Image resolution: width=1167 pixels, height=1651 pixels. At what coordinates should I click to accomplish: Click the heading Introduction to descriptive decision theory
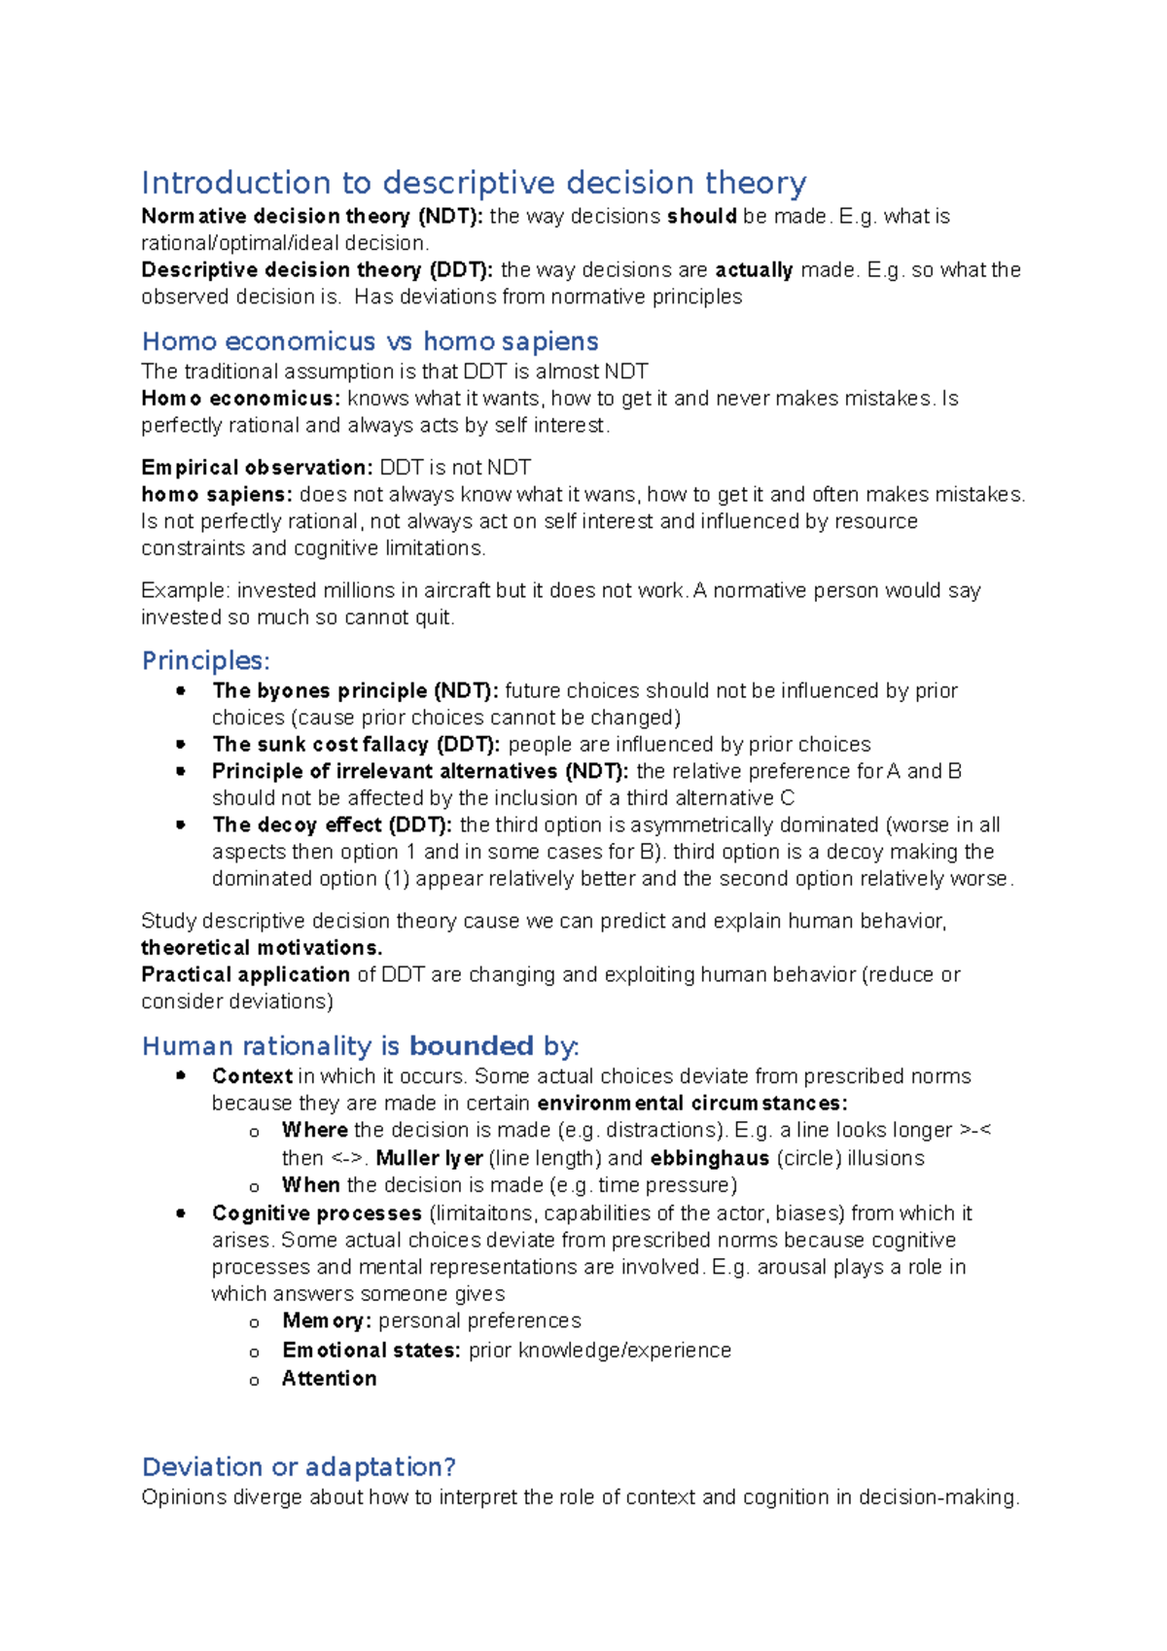[474, 183]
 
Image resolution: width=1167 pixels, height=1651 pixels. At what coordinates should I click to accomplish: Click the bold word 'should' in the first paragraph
[701, 216]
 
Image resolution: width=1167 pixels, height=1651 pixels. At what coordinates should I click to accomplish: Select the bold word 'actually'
[754, 269]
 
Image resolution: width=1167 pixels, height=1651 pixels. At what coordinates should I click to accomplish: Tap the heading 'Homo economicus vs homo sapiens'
[370, 341]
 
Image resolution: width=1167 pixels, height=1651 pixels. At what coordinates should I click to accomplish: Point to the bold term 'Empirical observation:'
[257, 468]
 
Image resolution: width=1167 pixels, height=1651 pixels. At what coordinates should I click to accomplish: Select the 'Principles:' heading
[205, 661]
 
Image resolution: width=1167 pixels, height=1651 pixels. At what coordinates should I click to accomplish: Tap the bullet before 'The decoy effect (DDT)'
[181, 825]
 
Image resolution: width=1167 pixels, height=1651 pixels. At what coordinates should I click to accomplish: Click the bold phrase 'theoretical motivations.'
[262, 948]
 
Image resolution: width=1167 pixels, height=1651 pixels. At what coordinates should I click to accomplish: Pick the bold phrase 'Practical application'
[245, 974]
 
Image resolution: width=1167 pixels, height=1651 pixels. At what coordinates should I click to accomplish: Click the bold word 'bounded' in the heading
[471, 1046]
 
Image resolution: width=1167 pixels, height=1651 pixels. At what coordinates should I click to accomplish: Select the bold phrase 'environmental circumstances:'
[691, 1104]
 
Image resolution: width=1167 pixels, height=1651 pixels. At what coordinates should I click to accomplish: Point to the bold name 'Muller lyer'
[429, 1158]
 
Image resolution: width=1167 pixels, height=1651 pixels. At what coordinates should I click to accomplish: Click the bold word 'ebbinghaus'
[709, 1158]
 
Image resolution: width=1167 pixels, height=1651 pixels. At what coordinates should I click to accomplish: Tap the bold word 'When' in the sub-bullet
[310, 1185]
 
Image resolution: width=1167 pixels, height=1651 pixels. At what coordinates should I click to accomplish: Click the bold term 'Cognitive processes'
[316, 1213]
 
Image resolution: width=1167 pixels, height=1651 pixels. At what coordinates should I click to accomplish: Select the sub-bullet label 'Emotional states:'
[371, 1351]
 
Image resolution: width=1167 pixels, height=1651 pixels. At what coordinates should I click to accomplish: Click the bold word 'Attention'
[329, 1379]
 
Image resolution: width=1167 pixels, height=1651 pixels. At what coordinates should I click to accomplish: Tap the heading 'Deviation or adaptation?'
[299, 1466]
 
